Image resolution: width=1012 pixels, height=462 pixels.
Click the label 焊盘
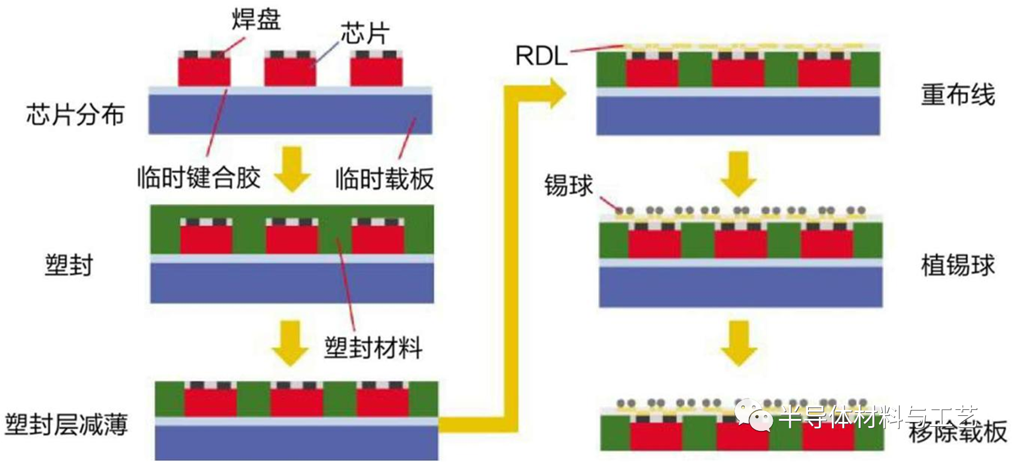pyautogui.click(x=256, y=20)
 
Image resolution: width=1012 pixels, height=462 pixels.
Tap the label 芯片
pyautogui.click(x=365, y=34)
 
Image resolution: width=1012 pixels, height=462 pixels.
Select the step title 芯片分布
pyautogui.click(x=75, y=114)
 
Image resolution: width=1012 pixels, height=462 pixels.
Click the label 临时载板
pyautogui.click(x=384, y=178)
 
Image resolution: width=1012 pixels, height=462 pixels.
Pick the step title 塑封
pyautogui.click(x=69, y=265)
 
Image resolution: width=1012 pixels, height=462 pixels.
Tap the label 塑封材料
pyautogui.click(x=373, y=348)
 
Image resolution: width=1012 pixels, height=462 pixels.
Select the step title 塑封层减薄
pyautogui.click(x=66, y=424)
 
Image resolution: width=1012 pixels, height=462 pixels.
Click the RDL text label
pyautogui.click(x=541, y=56)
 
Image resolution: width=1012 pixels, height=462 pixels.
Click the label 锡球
pyautogui.click(x=568, y=186)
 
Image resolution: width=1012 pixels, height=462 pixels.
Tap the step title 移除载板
pyautogui.click(x=958, y=432)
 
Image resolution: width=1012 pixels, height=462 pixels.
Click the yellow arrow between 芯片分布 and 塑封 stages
pyautogui.click(x=292, y=169)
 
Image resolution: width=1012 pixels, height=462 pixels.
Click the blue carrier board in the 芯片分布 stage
pyautogui.click(x=290, y=114)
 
